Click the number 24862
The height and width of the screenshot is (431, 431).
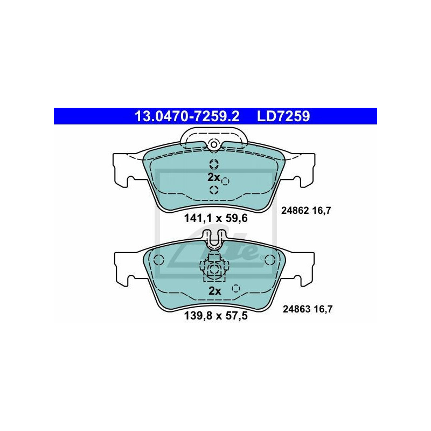(294, 211)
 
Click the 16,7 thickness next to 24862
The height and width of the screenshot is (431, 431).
(320, 211)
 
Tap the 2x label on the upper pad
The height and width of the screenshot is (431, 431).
(214, 177)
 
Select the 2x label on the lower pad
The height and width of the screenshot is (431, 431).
(214, 291)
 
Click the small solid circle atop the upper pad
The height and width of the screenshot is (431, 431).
(214, 144)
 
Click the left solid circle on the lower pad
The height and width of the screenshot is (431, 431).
(158, 259)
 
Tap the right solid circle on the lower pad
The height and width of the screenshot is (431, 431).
(269, 259)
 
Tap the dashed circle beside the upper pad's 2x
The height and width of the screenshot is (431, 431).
(226, 181)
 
